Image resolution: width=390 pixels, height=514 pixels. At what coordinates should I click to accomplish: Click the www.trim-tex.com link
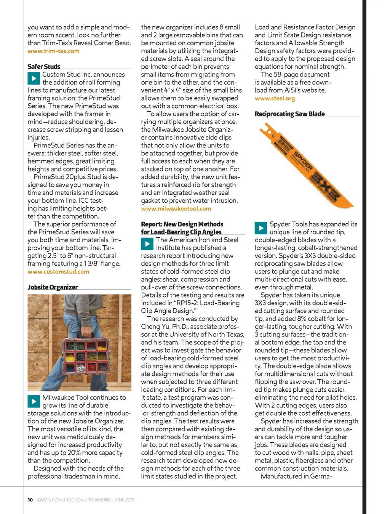click(53, 51)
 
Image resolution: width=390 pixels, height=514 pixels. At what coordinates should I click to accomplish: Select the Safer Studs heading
click(44, 67)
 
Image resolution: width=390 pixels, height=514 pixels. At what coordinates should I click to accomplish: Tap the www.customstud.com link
click(58, 272)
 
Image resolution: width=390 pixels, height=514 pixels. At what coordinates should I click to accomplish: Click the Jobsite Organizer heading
click(53, 287)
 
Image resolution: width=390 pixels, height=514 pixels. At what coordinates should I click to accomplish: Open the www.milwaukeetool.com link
click(176, 208)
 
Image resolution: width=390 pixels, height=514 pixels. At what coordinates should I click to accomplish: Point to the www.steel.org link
click(275, 98)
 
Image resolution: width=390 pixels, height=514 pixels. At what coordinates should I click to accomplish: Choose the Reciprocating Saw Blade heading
click(289, 114)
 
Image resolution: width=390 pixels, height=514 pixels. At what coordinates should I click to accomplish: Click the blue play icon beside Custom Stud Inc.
click(34, 78)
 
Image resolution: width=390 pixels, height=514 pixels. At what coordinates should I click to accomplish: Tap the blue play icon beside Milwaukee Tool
click(34, 401)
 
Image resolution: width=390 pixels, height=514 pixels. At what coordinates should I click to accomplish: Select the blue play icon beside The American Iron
click(147, 244)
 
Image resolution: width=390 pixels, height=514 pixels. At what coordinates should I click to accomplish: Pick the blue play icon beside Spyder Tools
click(261, 228)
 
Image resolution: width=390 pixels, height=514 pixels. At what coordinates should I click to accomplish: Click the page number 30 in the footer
click(30, 500)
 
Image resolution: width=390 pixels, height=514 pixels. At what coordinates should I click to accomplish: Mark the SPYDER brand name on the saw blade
click(303, 162)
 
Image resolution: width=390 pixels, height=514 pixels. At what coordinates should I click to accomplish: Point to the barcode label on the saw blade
click(283, 147)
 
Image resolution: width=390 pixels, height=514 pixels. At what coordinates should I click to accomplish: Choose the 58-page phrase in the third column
click(286, 75)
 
